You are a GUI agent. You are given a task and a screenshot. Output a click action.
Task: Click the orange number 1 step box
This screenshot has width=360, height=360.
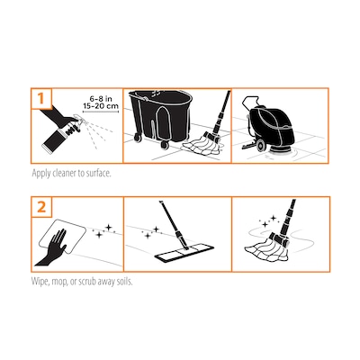(x=41, y=98)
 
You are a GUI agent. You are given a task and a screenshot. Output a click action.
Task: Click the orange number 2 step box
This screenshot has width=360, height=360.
(x=41, y=207)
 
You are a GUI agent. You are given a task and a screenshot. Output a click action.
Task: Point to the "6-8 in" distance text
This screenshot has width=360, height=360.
(x=101, y=99)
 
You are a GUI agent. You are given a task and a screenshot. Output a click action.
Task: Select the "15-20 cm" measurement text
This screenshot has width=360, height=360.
(x=101, y=106)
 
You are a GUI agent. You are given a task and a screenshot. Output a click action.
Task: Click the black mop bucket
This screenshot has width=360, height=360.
(x=161, y=120)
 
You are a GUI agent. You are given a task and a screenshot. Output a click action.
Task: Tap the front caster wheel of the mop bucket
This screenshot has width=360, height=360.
(x=165, y=145)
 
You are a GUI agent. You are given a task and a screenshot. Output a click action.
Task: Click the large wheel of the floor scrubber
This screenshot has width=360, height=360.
(x=260, y=146)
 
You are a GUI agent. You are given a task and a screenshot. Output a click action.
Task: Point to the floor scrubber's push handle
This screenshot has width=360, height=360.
(x=249, y=103)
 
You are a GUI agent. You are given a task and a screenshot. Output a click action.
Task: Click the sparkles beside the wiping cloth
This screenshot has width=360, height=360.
(x=103, y=231)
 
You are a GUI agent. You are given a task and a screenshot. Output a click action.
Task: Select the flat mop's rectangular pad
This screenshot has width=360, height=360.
(x=184, y=254)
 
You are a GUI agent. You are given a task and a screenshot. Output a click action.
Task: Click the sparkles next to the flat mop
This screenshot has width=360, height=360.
(x=152, y=233)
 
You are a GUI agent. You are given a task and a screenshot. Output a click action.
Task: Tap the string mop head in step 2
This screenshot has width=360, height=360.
(x=265, y=248)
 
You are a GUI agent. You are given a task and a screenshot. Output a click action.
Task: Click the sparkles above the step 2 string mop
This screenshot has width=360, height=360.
(x=269, y=221)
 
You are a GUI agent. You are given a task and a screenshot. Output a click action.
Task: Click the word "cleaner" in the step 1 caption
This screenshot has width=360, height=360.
(x=65, y=174)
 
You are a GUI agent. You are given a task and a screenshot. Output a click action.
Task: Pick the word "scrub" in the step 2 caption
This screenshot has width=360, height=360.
(x=86, y=282)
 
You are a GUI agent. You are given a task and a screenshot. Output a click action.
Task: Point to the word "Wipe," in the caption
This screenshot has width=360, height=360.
(x=40, y=282)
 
